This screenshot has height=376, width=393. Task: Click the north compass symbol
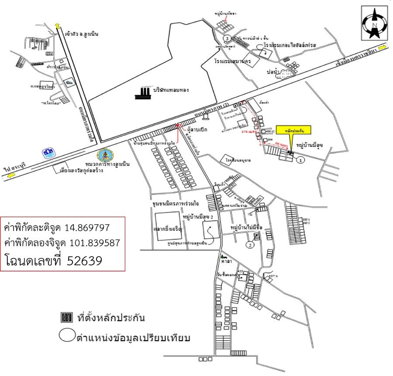pos(374,24)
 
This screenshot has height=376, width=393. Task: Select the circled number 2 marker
pos(250,245)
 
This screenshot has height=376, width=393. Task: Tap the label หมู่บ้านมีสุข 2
pos(199,216)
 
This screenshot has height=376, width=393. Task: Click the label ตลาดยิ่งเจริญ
pos(168,228)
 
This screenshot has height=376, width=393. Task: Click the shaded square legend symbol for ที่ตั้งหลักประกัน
pos(65,317)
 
